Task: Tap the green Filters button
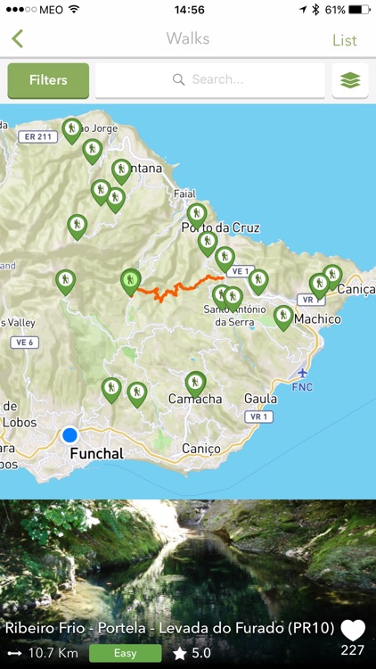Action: [x=48, y=80]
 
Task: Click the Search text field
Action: [x=210, y=80]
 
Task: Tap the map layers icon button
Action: [x=350, y=80]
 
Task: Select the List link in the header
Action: [x=345, y=40]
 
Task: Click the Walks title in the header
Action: [x=188, y=38]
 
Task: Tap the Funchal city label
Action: [x=96, y=453]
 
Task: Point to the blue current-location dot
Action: [x=69, y=435]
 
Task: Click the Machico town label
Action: [x=317, y=318]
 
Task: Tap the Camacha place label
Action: [x=195, y=399]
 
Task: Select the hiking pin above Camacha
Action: [x=195, y=383]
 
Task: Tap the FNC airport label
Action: [x=304, y=388]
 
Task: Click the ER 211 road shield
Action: [x=37, y=136]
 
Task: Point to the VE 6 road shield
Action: [x=24, y=342]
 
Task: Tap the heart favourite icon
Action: [x=353, y=631]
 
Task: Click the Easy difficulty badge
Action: [x=125, y=653]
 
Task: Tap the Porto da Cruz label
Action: [x=220, y=227]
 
